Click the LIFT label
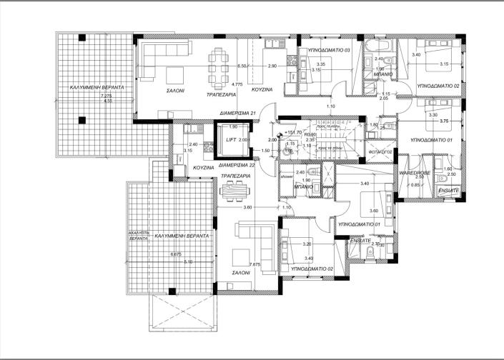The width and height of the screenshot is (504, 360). [230, 141]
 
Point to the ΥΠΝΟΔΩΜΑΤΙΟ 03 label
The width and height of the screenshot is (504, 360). [323, 51]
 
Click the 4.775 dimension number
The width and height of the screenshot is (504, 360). [238, 84]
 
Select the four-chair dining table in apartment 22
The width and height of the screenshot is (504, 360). [234, 190]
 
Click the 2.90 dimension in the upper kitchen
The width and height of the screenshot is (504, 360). [272, 66]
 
